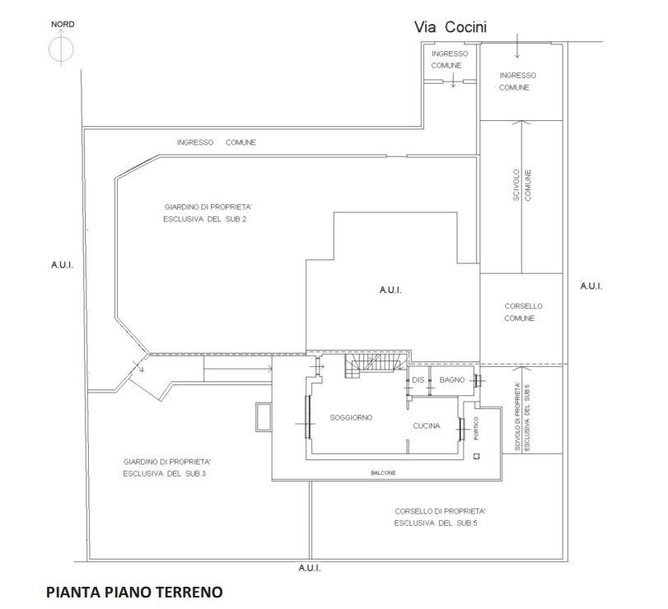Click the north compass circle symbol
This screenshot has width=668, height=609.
[x=61, y=49]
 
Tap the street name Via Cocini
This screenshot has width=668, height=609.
[x=451, y=27]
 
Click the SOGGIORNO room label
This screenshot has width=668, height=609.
[x=351, y=417]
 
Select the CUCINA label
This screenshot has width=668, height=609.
[x=427, y=425]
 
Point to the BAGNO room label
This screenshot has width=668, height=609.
[x=452, y=379]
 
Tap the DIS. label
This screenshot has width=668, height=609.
[x=418, y=379]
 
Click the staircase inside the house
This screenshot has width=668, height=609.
[x=375, y=365]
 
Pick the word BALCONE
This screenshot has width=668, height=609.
[x=383, y=473]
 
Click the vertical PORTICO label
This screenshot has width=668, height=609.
[x=476, y=428]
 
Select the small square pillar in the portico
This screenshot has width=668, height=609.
[x=477, y=457]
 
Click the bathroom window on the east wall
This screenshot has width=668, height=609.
[x=478, y=381]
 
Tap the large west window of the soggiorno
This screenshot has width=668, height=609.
[x=307, y=416]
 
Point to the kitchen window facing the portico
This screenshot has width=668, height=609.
[x=461, y=429]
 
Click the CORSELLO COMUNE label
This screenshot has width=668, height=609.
[x=523, y=312]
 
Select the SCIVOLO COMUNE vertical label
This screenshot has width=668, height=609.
[x=522, y=185]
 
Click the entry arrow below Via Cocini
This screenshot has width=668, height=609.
[x=517, y=46]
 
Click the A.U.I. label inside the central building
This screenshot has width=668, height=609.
[x=390, y=291]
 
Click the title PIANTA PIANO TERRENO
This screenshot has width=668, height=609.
[x=134, y=592]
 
